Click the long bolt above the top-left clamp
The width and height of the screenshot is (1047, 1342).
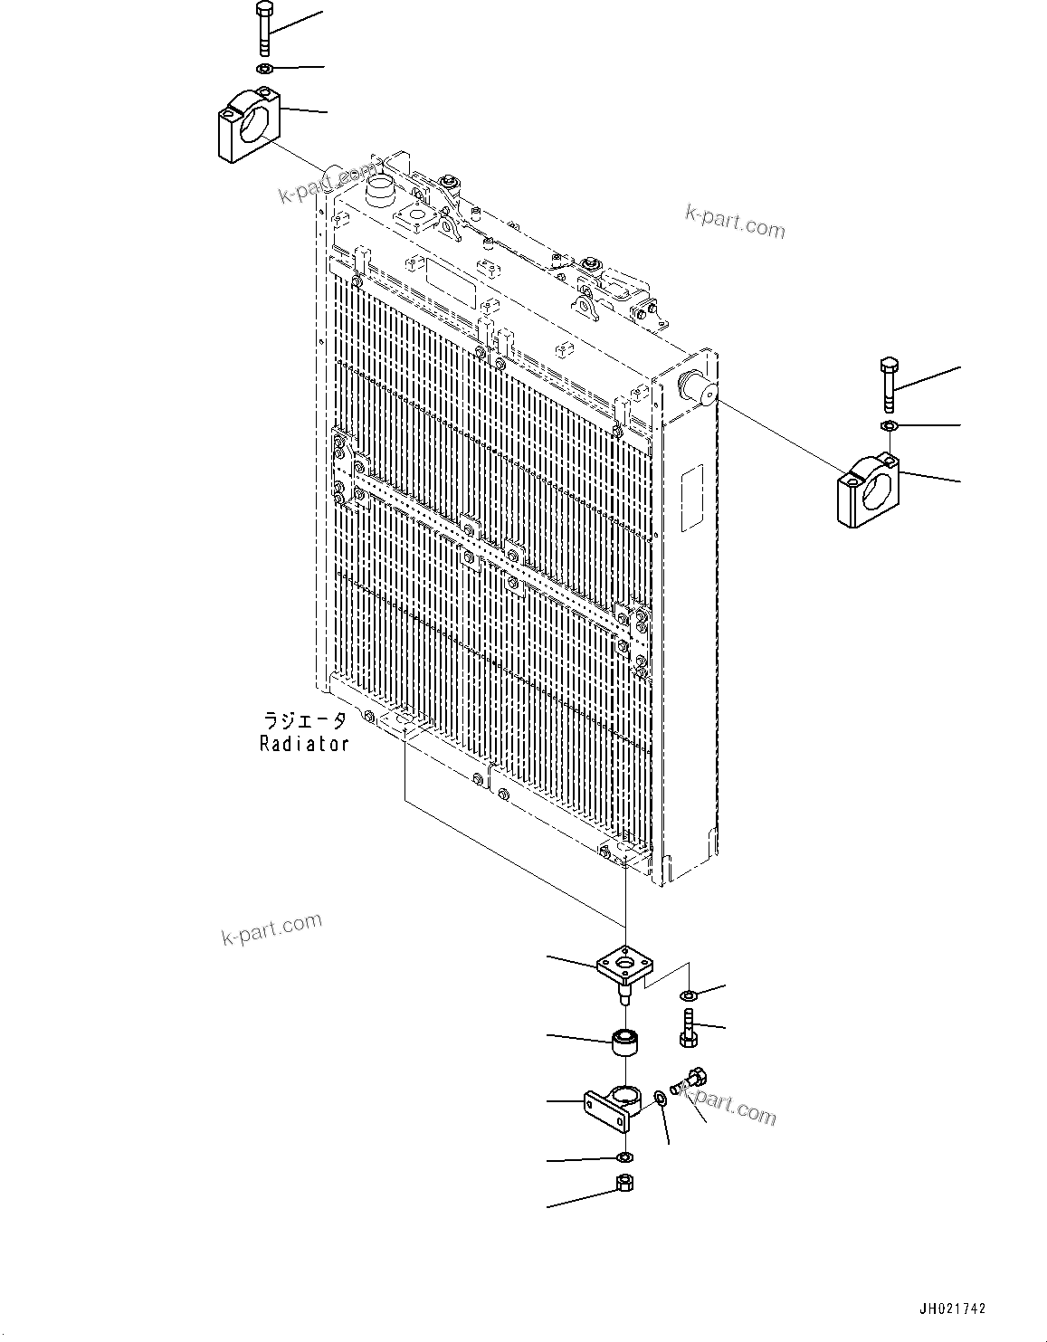[262, 31]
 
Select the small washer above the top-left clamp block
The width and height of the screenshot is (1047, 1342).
[263, 70]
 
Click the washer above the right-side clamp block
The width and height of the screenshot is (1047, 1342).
[889, 425]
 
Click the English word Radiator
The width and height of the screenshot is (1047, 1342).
[304, 744]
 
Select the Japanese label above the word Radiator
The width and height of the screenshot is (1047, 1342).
[304, 720]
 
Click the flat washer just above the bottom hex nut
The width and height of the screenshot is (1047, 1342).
[623, 1157]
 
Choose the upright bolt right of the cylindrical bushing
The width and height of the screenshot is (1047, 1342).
[689, 1031]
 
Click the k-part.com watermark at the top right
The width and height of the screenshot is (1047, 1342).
[735, 221]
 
